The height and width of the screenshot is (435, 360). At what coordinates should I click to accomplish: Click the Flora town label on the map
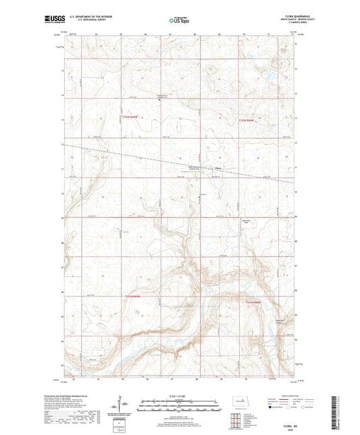[217, 168]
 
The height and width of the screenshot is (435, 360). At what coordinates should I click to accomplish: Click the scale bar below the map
[177, 407]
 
